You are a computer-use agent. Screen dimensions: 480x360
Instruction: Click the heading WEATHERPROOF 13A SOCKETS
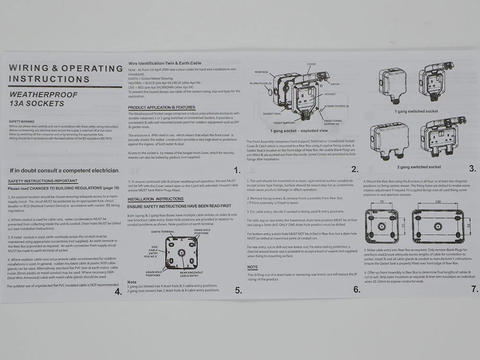(x=43, y=99)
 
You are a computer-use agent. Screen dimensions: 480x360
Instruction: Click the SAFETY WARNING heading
(x=22, y=121)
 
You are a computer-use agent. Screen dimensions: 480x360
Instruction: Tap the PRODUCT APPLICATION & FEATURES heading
(x=161, y=107)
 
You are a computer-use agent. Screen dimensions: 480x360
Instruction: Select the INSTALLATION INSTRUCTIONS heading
(x=155, y=198)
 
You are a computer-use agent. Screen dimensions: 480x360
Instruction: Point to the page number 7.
(x=474, y=289)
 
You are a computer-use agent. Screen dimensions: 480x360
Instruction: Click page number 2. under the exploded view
(x=355, y=169)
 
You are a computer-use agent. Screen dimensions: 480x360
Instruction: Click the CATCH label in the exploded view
(x=335, y=84)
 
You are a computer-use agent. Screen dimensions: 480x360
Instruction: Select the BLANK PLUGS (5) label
(x=261, y=83)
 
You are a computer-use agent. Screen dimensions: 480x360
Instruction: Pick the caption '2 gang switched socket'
(x=418, y=167)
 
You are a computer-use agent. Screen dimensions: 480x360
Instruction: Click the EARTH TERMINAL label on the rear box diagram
(x=162, y=232)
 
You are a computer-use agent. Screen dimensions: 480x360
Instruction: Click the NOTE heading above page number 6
(x=252, y=267)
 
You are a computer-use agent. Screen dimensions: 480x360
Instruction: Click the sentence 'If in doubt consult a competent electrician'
(x=64, y=170)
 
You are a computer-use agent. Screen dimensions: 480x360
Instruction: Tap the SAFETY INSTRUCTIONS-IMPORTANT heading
(x=43, y=181)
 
